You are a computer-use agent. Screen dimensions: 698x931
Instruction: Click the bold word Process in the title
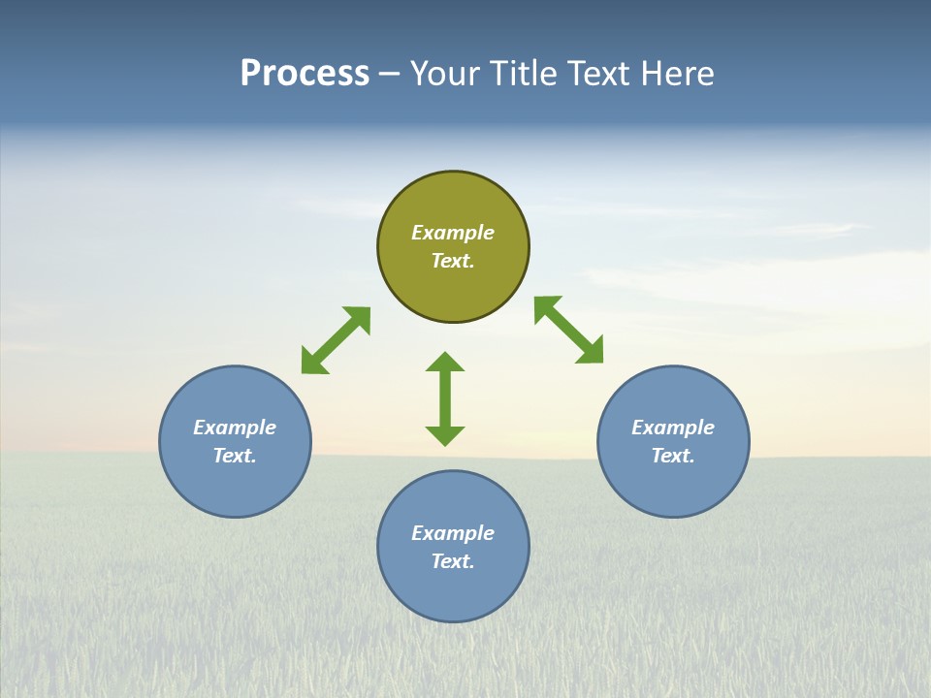pyautogui.click(x=305, y=74)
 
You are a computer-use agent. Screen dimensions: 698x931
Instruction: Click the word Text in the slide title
pyautogui.click(x=602, y=74)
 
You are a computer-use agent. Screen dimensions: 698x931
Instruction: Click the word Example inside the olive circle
pyautogui.click(x=453, y=233)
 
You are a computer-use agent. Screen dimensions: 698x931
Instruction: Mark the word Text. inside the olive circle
pyautogui.click(x=453, y=261)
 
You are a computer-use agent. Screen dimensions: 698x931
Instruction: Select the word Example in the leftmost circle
pyautogui.click(x=235, y=428)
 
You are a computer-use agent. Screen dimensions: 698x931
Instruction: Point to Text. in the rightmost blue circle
pyautogui.click(x=673, y=456)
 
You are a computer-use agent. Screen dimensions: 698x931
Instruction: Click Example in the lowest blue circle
pyautogui.click(x=453, y=533)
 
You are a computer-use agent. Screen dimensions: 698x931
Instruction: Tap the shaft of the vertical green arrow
pyautogui.click(x=445, y=398)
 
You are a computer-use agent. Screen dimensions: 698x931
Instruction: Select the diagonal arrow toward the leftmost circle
pyautogui.click(x=336, y=340)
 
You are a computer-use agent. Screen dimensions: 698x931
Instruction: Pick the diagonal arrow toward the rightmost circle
pyautogui.click(x=568, y=330)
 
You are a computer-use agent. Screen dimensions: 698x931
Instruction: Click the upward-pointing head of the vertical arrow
pyautogui.click(x=445, y=362)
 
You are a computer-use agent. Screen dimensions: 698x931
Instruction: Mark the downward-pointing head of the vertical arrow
pyautogui.click(x=445, y=435)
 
